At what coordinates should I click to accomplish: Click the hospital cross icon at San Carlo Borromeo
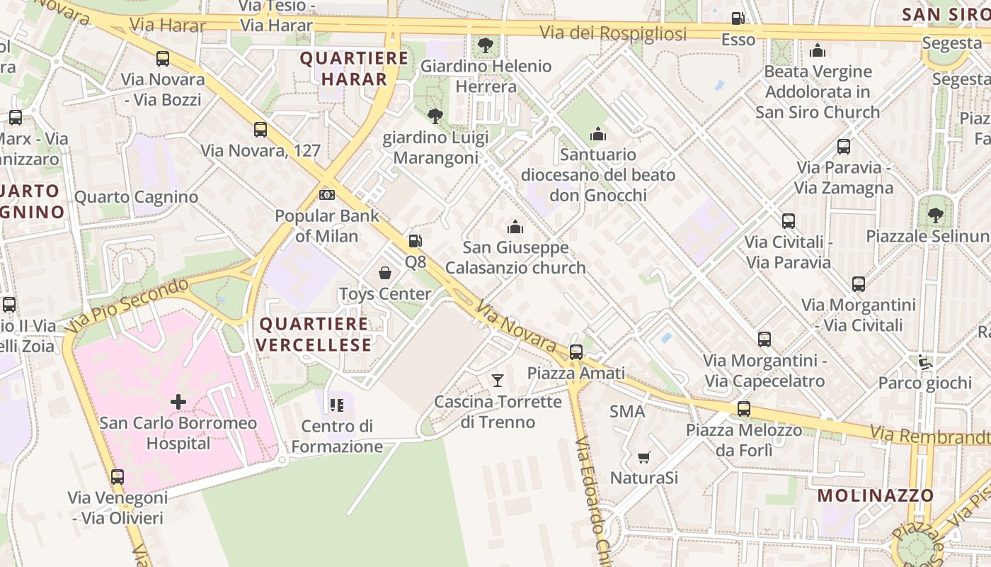coord(178,402)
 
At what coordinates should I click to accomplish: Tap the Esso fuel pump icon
coord(738,18)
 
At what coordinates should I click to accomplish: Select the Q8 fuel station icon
coord(416,241)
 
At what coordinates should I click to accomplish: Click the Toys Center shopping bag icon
coord(385,273)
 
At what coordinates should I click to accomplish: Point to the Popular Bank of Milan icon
coord(327,194)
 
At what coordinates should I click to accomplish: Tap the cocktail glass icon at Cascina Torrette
coord(498,381)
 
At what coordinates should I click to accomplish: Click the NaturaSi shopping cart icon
coord(643,457)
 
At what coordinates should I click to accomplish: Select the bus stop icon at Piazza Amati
coord(576,352)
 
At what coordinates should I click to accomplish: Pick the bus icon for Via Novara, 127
coord(260,129)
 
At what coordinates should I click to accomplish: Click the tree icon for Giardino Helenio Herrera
coord(486,45)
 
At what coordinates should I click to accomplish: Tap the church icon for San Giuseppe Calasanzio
coord(515,227)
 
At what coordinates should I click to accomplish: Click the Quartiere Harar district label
coord(354,68)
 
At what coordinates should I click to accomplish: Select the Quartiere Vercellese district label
coord(314,335)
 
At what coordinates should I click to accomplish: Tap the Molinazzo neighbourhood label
coord(876,495)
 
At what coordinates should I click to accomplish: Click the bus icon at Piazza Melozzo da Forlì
coord(743,409)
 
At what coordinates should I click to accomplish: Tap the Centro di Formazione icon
coord(337,405)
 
